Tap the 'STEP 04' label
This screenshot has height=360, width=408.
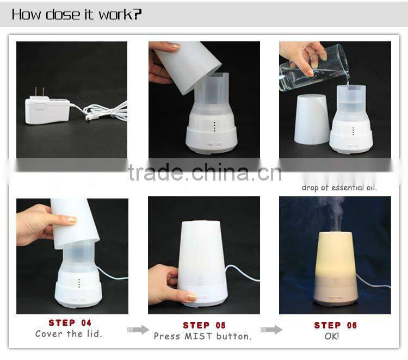coord(70,323)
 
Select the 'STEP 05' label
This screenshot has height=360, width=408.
coord(204,325)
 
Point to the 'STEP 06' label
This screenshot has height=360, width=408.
coord(336,325)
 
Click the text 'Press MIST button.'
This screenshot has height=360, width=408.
coord(202,337)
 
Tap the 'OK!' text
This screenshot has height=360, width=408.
coord(331,337)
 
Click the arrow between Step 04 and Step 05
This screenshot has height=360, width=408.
coord(138,330)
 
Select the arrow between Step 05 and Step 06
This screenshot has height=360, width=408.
coord(271,330)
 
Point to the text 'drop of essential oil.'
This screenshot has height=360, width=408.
coord(339,188)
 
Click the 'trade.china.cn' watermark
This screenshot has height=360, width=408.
coord(205,172)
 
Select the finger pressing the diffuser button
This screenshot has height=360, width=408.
coord(190,297)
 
